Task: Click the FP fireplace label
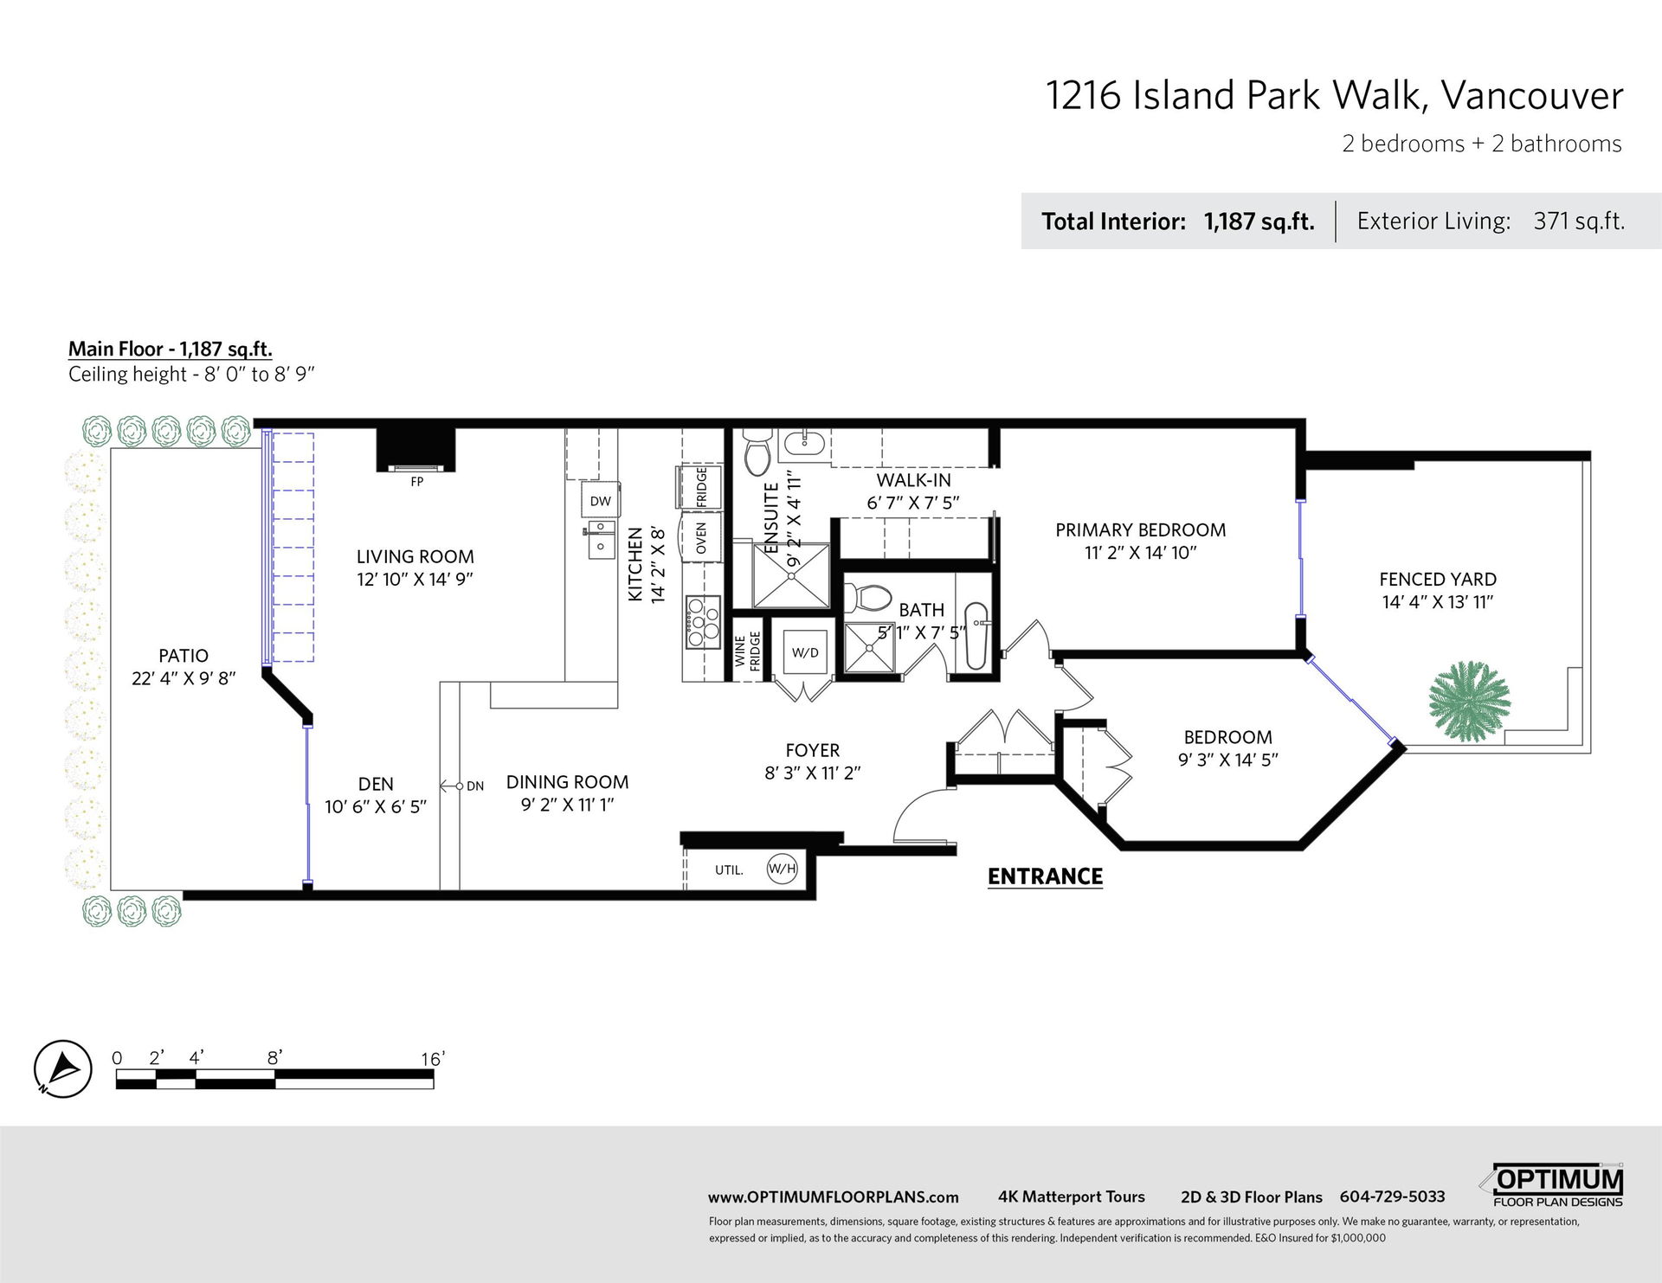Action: [x=417, y=482]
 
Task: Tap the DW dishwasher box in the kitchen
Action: [x=600, y=501]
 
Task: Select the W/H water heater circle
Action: [x=782, y=869]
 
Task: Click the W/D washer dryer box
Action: [x=805, y=652]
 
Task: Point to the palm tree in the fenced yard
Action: [x=1469, y=701]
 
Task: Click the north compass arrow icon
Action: [x=63, y=1068]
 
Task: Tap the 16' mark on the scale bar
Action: [x=432, y=1059]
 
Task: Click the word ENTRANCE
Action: [x=1045, y=876]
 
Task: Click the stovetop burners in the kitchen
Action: [x=703, y=622]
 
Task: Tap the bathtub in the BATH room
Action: [x=976, y=637]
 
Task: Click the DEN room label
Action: [x=376, y=784]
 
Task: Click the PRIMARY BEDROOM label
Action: [x=1140, y=530]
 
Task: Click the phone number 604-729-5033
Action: [x=1392, y=1196]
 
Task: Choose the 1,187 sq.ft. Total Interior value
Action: [x=1259, y=221]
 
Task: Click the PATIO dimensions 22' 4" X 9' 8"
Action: [x=184, y=678]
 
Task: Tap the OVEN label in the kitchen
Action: [x=701, y=538]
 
